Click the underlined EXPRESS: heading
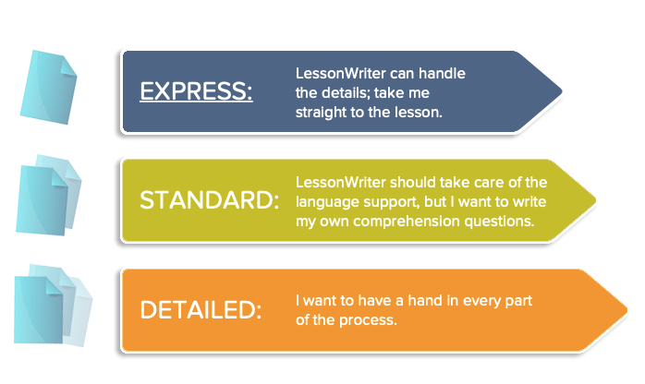[196, 90]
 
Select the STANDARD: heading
[210, 200]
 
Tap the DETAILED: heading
[201, 309]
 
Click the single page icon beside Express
[49, 87]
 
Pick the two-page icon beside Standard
[49, 195]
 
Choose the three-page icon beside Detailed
[53, 306]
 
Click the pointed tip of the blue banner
[562, 91]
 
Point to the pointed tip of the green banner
[595, 200]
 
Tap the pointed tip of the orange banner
[627, 310]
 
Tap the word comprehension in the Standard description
[407, 222]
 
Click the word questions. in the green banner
[499, 222]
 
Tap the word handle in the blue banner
[442, 74]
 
